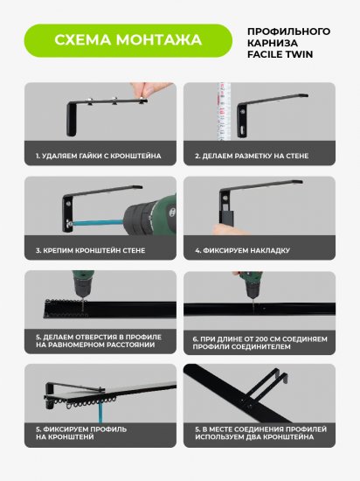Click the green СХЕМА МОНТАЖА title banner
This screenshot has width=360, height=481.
(128, 40)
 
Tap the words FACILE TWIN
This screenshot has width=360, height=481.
(280, 54)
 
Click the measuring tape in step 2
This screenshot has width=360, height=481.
(224, 111)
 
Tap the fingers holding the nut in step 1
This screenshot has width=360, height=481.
(150, 89)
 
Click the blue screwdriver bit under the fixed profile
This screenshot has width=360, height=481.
(100, 413)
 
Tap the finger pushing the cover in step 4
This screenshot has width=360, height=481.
(224, 229)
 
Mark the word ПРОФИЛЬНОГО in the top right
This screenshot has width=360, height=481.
(288, 31)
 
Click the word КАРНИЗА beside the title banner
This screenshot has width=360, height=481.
(273, 43)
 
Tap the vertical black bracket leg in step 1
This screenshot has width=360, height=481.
(71, 120)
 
